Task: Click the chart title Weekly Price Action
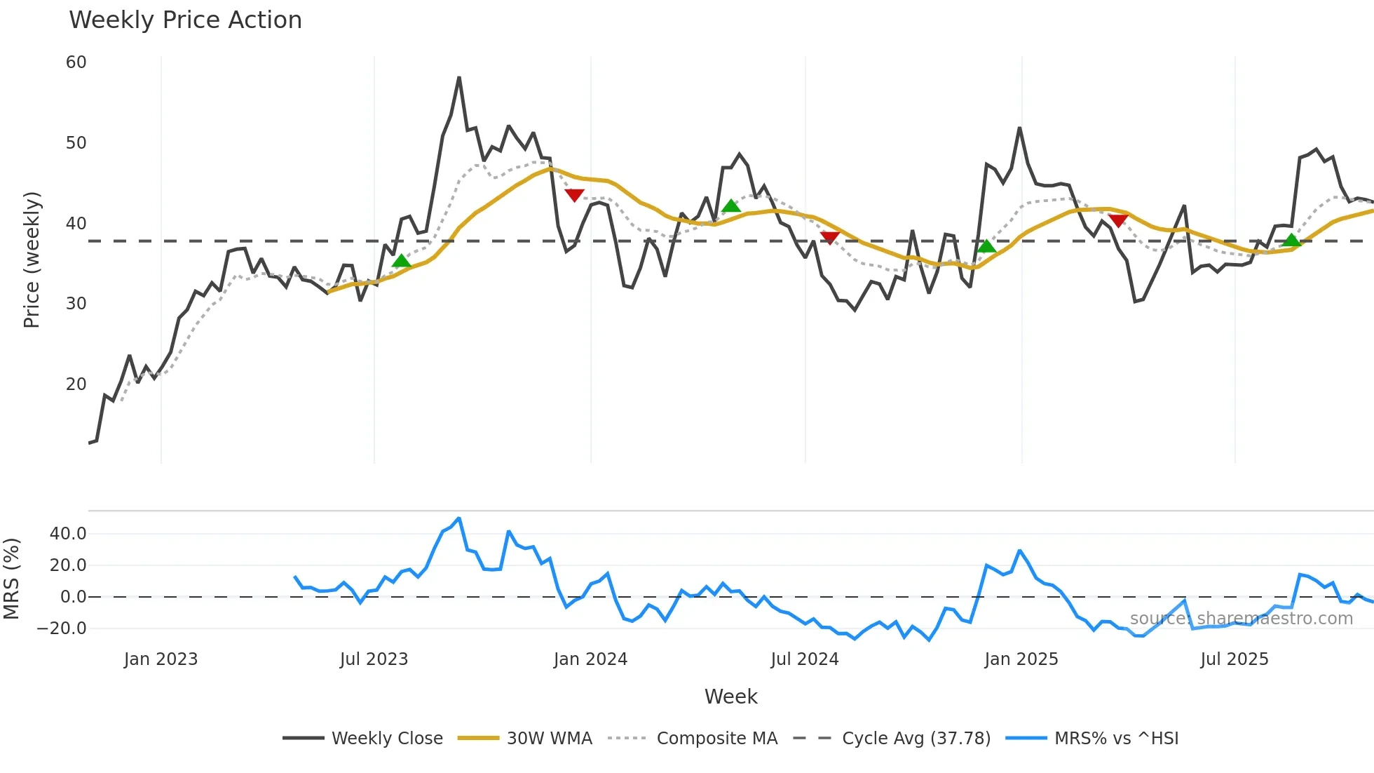tap(185, 20)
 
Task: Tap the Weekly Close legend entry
tap(386, 738)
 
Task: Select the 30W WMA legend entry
tap(549, 738)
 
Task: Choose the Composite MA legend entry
tap(716, 738)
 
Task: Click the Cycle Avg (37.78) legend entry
tap(916, 738)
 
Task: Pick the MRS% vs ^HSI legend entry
tap(1116, 738)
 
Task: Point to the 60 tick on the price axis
tap(76, 62)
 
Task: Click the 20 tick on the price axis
tap(76, 384)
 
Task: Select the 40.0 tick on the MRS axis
tap(68, 534)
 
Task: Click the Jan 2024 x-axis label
tap(590, 659)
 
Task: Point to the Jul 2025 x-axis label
tap(1234, 659)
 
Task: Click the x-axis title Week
tap(730, 697)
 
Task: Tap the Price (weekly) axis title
tap(32, 260)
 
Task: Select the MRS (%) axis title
tap(11, 579)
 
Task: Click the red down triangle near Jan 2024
tap(574, 195)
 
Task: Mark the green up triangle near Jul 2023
tap(401, 261)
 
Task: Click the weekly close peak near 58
tap(459, 78)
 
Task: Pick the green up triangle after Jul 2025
tap(1291, 241)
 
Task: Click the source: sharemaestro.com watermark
tap(1241, 619)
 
